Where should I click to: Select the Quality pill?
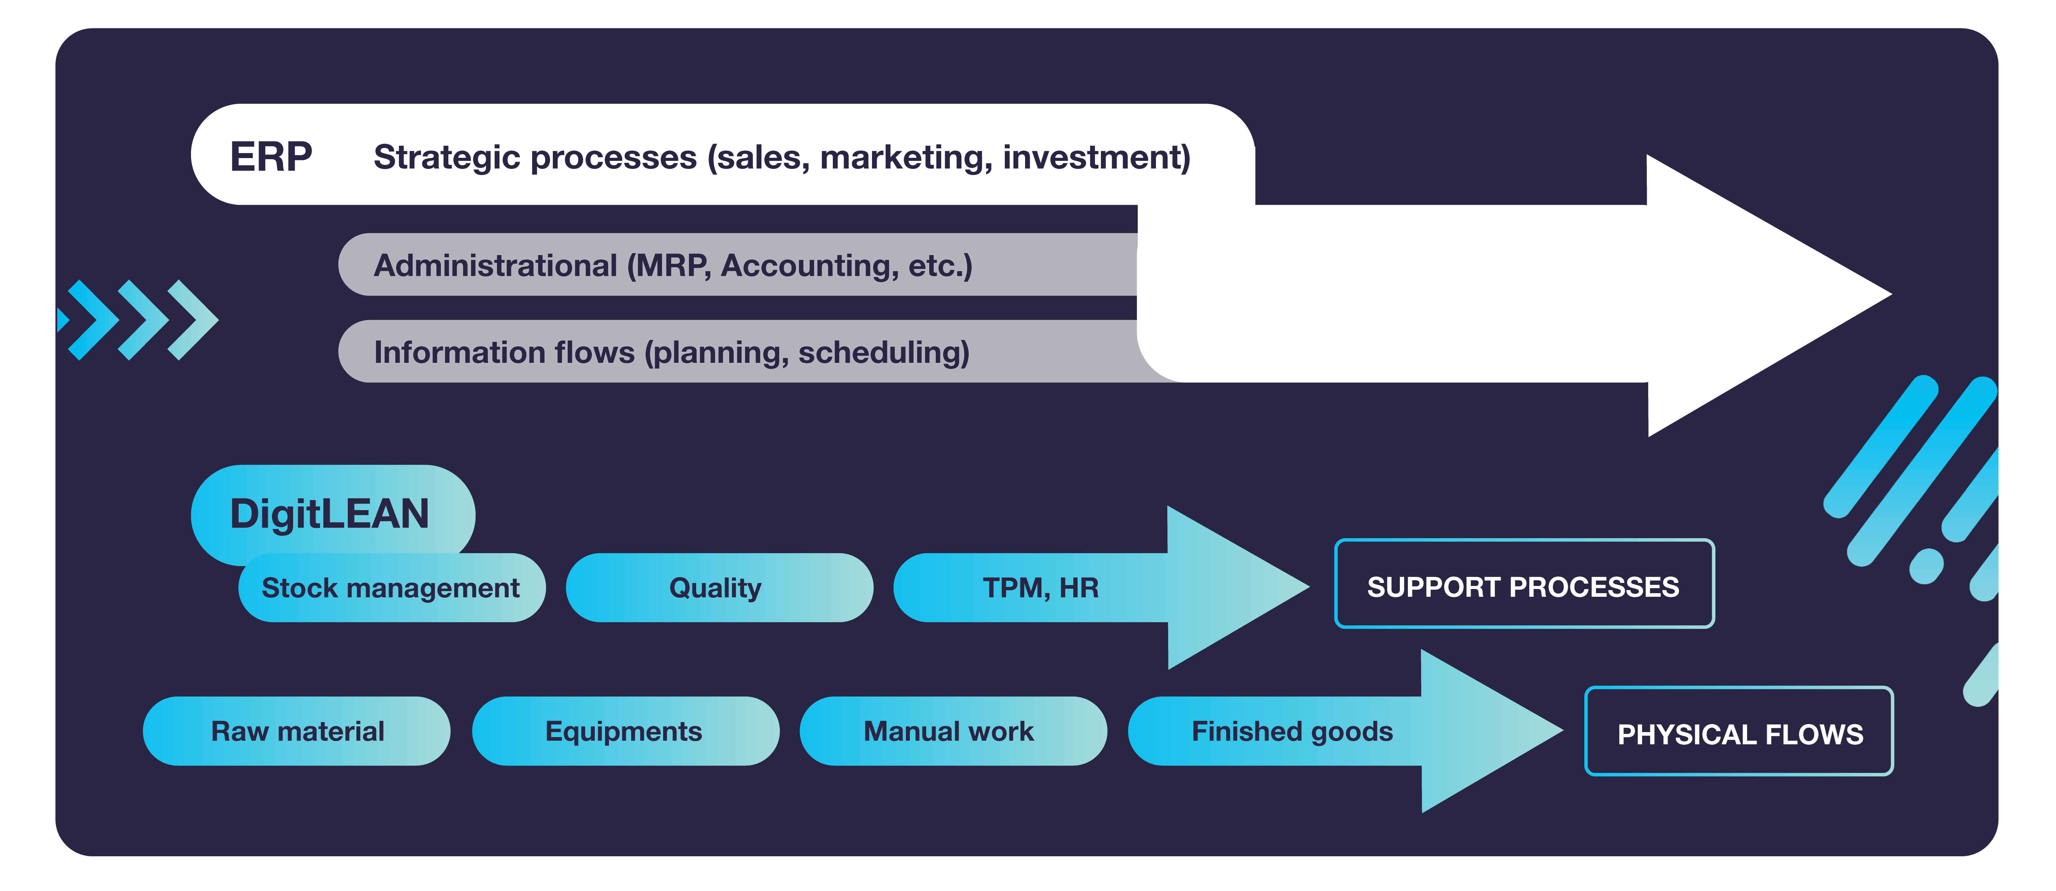[716, 588]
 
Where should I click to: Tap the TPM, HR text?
[1040, 588]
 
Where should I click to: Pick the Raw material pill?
[297, 731]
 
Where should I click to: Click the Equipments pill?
[624, 731]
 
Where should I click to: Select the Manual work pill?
[949, 731]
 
